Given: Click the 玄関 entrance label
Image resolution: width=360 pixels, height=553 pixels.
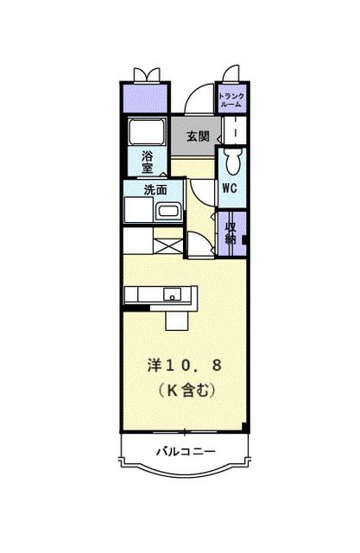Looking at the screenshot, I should tap(198, 136).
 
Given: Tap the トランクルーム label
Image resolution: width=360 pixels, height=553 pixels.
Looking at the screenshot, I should tap(231, 99).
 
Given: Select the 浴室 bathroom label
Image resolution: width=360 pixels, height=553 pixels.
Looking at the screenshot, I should tap(147, 162).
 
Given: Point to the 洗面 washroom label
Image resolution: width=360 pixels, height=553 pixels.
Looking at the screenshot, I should tap(155, 190).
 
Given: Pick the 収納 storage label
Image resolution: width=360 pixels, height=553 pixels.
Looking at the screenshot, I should tap(231, 232).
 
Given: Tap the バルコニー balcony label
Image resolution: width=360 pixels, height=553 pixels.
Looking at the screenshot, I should tap(185, 451).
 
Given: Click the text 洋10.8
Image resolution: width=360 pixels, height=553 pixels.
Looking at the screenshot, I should tap(184, 365).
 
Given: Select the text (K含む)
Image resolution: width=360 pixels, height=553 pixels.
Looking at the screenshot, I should tap(185, 390).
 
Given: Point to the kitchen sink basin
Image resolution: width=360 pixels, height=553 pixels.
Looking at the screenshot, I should tap(173, 294).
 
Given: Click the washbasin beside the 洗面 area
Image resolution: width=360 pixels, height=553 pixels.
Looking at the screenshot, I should tap(169, 212).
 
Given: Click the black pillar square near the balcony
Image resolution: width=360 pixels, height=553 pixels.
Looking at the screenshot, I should tap(245, 429).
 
